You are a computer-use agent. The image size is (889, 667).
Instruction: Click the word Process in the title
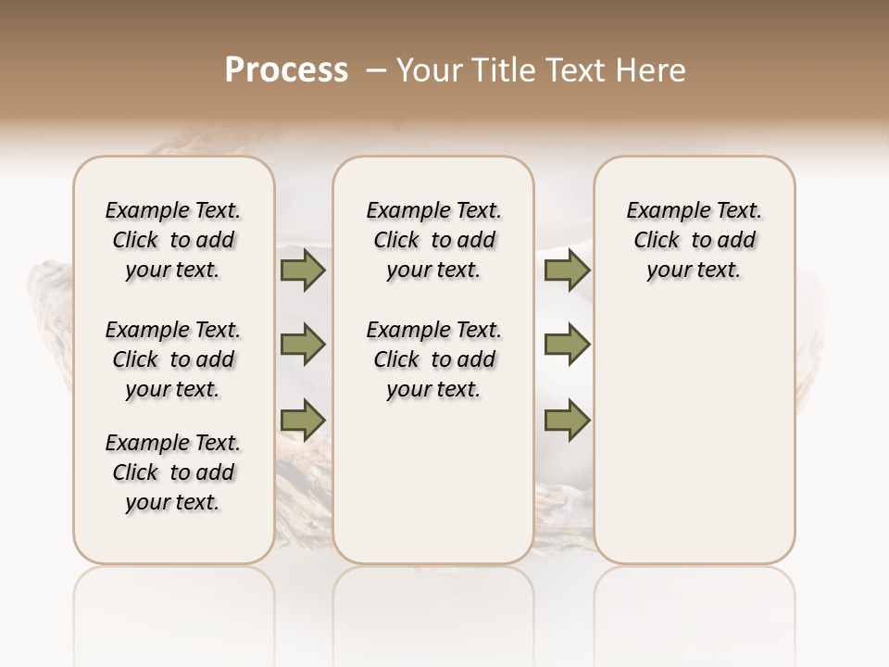286,70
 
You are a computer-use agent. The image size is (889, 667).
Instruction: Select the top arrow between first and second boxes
304,271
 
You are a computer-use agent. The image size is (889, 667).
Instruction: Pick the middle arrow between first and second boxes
304,345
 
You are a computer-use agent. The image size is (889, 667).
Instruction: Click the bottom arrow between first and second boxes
304,420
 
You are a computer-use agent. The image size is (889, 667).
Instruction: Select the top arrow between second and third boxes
567,271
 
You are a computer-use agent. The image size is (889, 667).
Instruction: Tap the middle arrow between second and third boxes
567,345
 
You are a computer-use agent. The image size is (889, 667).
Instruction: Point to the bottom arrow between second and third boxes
567,420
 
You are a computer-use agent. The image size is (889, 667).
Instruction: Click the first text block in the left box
173,240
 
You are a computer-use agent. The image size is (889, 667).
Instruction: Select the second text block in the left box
173,359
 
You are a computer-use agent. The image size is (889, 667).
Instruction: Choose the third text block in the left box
173,472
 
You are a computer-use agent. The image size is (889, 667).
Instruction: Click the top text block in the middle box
434,240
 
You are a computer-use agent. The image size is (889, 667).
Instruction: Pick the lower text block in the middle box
434,359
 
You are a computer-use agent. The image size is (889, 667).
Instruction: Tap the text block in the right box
695,240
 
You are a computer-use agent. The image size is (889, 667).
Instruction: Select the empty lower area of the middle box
434,482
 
